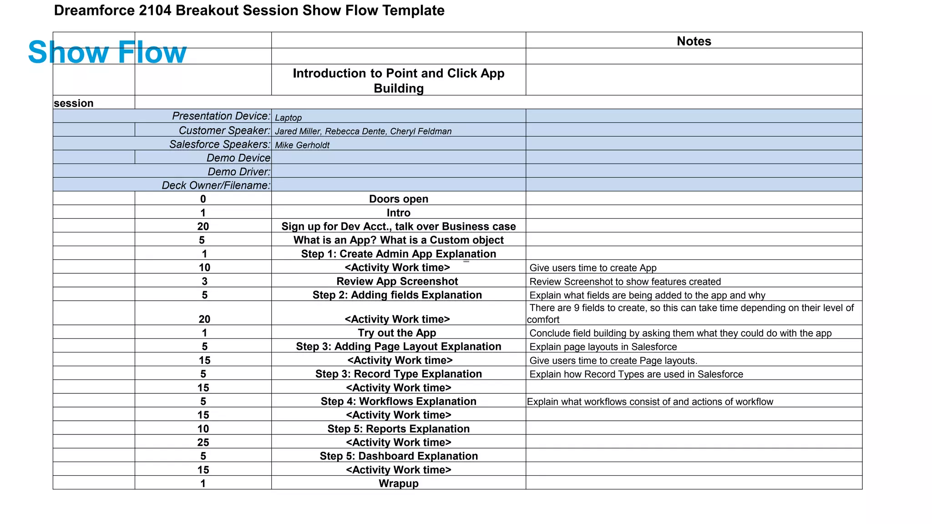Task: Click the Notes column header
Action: pos(694,41)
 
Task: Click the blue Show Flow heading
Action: pos(107,52)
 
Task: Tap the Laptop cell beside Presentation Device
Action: pos(288,117)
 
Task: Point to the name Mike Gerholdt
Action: pos(302,145)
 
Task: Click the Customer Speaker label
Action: pos(224,131)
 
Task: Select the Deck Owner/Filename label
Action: pos(216,185)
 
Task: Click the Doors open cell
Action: pos(399,199)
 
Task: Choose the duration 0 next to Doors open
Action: pos(203,199)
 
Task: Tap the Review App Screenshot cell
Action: pos(397,281)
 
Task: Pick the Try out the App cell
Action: pos(397,333)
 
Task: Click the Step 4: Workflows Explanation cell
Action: pos(399,401)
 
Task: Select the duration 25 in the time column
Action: pos(203,442)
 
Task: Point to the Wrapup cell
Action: pos(399,484)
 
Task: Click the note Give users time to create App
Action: pos(593,268)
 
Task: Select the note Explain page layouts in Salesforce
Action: pos(603,347)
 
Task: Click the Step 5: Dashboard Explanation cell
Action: pos(399,456)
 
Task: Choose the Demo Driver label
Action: pos(239,171)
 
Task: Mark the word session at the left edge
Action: pos(74,103)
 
